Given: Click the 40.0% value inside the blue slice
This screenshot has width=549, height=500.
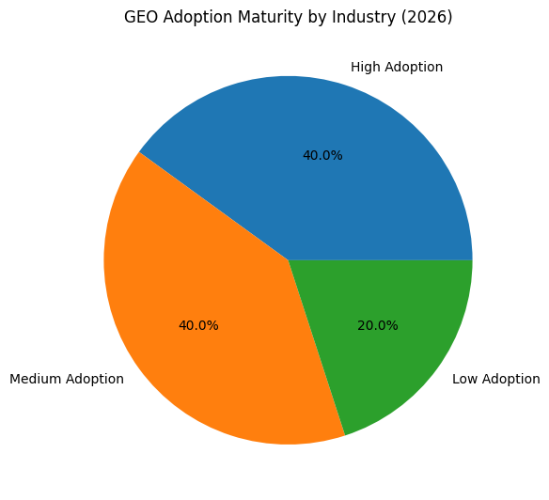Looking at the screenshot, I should click(322, 155).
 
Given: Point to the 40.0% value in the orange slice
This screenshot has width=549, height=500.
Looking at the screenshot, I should click(198, 325).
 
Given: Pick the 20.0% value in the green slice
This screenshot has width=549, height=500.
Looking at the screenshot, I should click(378, 325).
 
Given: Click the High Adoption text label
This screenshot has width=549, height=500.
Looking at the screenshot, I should click(397, 68).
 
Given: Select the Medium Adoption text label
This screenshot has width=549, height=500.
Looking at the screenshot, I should click(66, 379).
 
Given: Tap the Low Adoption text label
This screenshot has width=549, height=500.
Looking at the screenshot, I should click(496, 379).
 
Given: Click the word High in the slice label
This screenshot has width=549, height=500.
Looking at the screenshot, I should click(365, 68).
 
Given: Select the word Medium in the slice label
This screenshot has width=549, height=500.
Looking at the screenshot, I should click(36, 379).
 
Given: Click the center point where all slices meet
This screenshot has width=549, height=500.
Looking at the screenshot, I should click(289, 260).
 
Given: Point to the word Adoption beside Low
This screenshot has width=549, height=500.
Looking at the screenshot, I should click(511, 379).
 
